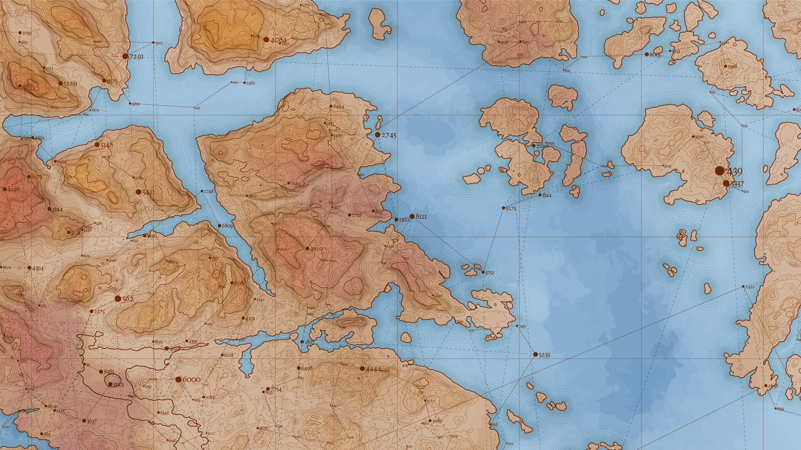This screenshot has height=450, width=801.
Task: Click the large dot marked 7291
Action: tap(125, 56)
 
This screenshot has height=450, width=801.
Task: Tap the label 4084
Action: tap(279, 40)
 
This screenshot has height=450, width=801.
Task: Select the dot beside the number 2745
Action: tap(377, 135)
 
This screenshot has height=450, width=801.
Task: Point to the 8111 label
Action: tap(421, 217)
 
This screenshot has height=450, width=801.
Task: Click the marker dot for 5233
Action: tap(535, 354)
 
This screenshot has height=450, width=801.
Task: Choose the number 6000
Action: tap(191, 380)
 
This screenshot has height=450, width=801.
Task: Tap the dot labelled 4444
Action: tap(362, 368)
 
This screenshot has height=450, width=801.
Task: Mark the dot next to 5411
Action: tap(138, 192)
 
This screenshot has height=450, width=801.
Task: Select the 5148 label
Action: tap(107, 145)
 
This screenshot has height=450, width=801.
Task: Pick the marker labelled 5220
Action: tap(60, 84)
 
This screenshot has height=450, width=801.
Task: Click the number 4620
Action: tap(316, 249)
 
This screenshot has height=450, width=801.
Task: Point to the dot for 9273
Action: tap(503, 208)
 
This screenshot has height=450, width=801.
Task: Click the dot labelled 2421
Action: tap(743, 286)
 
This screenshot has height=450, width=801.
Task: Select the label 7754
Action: tap(276, 390)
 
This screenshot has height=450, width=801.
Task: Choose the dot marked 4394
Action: tap(29, 268)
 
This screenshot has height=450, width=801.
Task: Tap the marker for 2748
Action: tap(202, 191)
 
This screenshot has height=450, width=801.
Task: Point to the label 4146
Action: tap(13, 190)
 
